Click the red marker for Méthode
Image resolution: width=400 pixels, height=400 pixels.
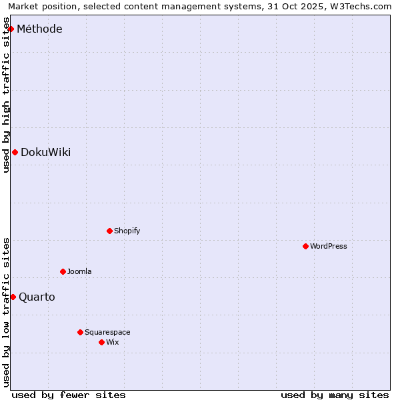pos(11,29)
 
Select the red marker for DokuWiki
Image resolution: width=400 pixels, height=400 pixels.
pos(15,153)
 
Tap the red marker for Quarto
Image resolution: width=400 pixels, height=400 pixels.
pos(13,297)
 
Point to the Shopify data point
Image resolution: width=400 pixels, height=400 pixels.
pos(109,231)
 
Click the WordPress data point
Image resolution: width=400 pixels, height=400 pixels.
pos(305,247)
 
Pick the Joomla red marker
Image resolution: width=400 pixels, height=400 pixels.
pos(63,272)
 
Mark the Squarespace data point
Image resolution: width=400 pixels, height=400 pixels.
pos(80,332)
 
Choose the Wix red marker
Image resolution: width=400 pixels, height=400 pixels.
pos(101,343)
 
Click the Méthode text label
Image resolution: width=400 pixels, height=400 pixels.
pos(39,29)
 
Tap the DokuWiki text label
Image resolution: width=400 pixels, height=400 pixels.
pos(45,153)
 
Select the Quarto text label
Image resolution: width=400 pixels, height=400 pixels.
pos(37,297)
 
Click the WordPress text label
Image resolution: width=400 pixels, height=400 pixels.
pos(329,247)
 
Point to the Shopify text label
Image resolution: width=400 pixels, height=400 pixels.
pos(127,231)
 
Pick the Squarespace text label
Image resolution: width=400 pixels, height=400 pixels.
pos(107,333)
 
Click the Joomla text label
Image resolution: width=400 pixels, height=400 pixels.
pos(79,272)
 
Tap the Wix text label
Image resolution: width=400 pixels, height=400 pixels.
pos(113,343)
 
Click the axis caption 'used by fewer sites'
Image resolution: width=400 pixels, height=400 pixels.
pos(69,395)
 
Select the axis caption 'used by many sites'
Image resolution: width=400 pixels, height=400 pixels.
pos(335,395)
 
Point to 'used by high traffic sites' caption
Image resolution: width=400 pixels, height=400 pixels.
pos(7,95)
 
